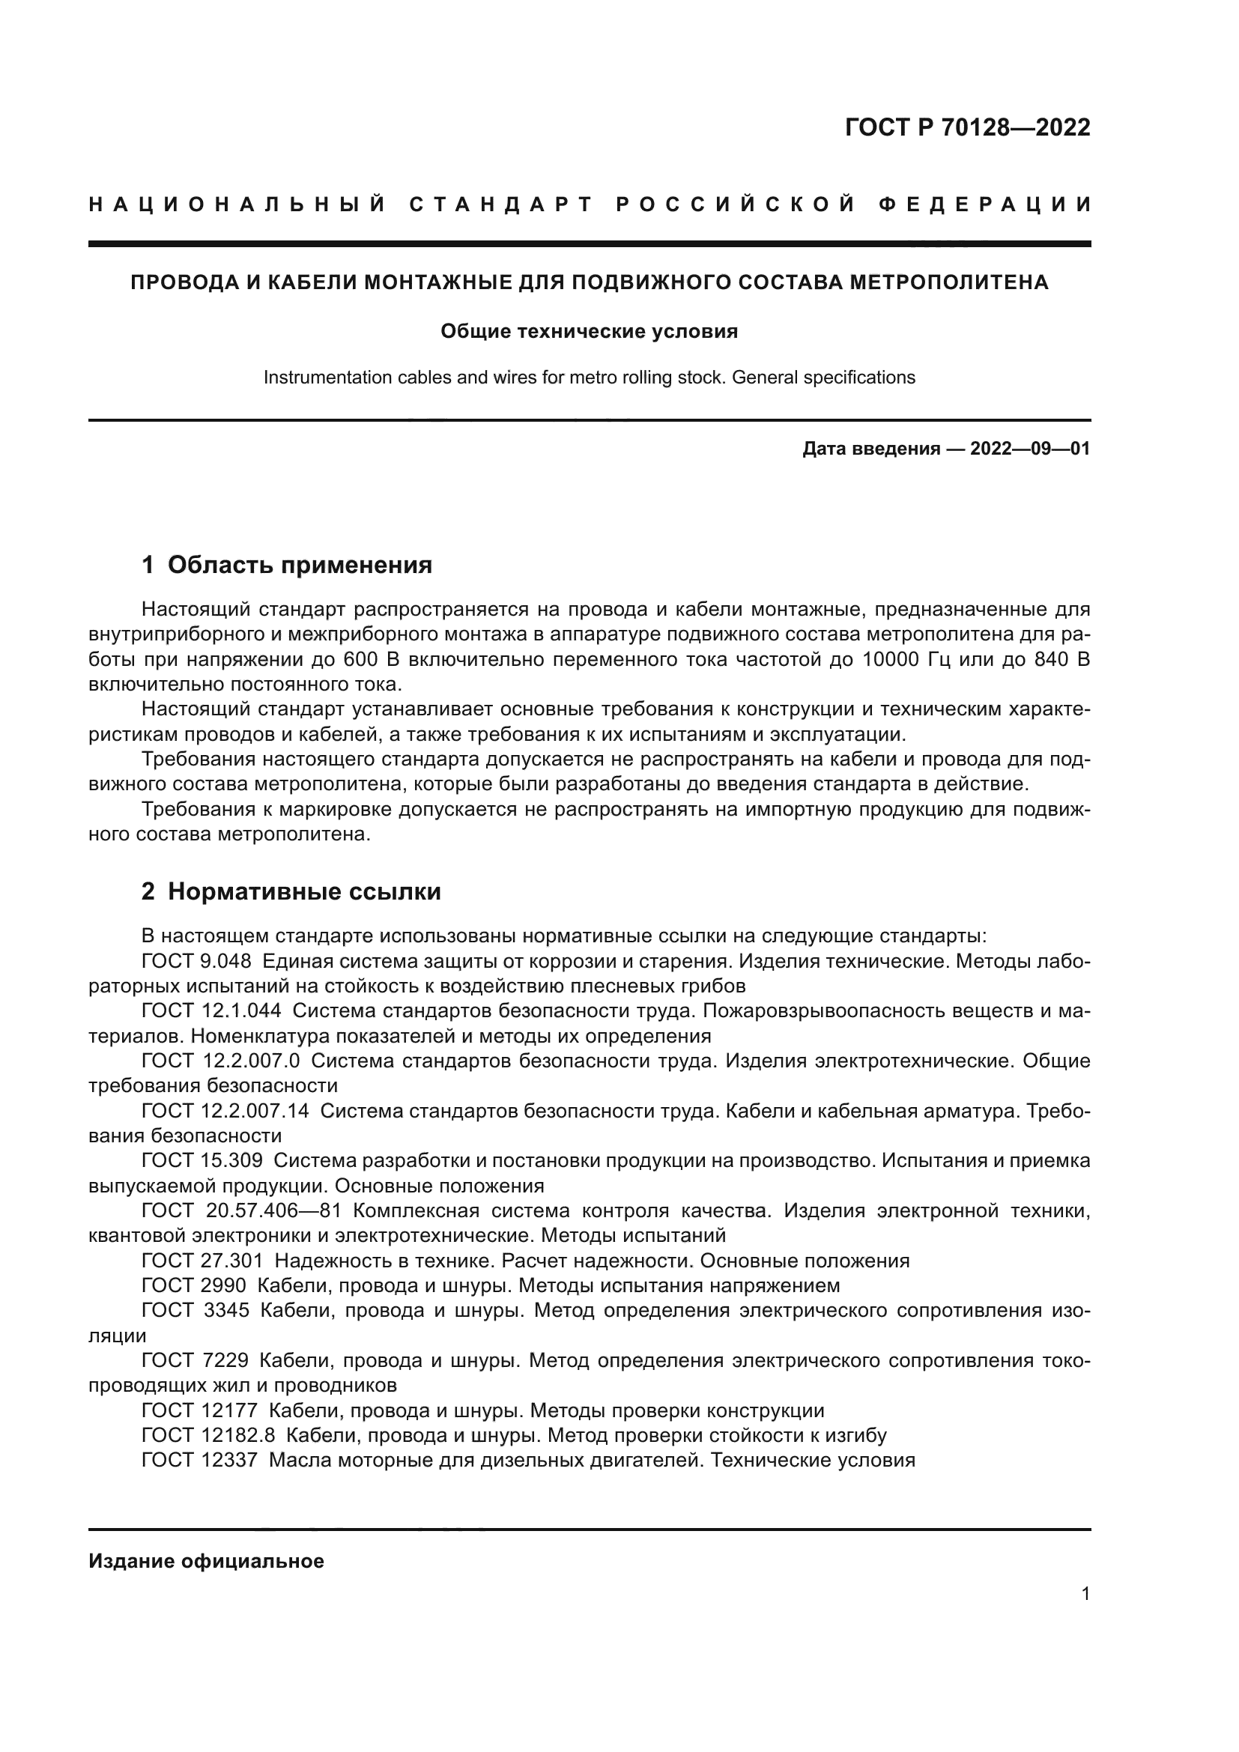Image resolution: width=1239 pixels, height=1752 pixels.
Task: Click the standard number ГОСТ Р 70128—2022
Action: pos(967,127)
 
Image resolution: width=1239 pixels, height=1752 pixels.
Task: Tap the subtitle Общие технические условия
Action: pos(589,331)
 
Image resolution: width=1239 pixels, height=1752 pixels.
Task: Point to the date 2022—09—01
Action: pos(1030,449)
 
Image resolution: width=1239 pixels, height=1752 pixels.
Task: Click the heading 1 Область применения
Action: pos(287,566)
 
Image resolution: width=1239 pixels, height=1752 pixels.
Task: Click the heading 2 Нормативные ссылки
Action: pos(291,891)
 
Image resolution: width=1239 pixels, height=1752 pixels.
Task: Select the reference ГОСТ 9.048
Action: pos(196,961)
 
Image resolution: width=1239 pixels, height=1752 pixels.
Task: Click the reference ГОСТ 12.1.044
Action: pos(211,1011)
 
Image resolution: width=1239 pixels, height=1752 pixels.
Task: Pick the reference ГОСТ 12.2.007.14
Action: pos(225,1111)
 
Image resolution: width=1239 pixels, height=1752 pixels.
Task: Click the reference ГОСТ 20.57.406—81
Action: pos(242,1211)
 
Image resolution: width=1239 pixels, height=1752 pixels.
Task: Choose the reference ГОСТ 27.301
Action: pos(202,1261)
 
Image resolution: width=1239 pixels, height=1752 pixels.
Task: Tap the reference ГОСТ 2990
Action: pos(194,1286)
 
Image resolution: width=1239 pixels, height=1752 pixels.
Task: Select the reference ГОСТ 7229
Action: pos(196,1360)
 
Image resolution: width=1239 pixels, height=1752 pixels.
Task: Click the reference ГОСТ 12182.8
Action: pos(208,1435)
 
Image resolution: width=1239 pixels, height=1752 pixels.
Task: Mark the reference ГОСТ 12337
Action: pos(200,1461)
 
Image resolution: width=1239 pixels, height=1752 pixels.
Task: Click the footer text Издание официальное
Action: pos(207,1561)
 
